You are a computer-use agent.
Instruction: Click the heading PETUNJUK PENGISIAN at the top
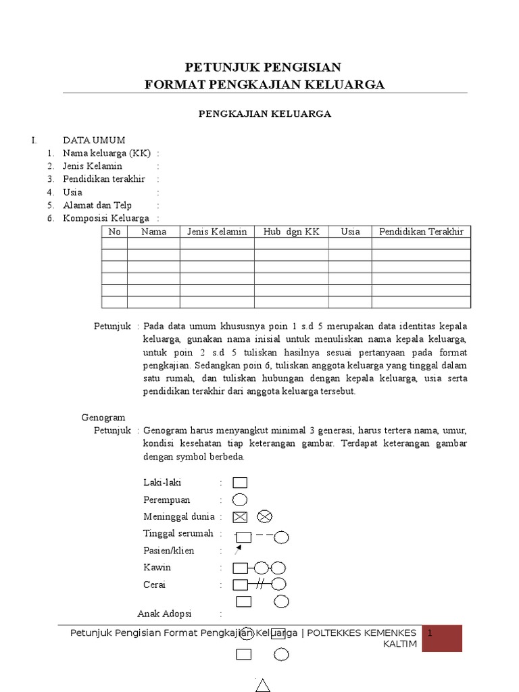(264, 67)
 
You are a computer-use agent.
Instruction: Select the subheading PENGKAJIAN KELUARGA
(264, 114)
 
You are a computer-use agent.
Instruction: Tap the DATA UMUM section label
(94, 141)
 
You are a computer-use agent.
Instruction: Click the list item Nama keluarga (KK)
(107, 153)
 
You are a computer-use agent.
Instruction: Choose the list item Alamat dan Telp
(97, 205)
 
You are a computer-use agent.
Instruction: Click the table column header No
(114, 232)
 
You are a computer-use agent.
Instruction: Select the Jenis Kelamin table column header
(217, 232)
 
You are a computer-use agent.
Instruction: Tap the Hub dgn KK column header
(291, 232)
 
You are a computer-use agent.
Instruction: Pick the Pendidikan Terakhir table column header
(421, 232)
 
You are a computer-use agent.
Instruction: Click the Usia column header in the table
(350, 232)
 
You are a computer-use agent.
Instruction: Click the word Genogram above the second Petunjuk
(103, 418)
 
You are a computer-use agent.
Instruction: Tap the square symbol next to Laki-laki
(240, 483)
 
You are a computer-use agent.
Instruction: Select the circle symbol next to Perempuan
(240, 500)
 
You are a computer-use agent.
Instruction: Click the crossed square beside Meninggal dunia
(240, 517)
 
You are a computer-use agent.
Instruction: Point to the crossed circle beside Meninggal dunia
(264, 517)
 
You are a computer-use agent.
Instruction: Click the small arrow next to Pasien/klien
(237, 550)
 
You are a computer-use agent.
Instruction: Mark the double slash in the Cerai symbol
(259, 584)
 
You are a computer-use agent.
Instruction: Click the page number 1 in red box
(430, 633)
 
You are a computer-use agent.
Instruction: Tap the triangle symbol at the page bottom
(262, 685)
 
